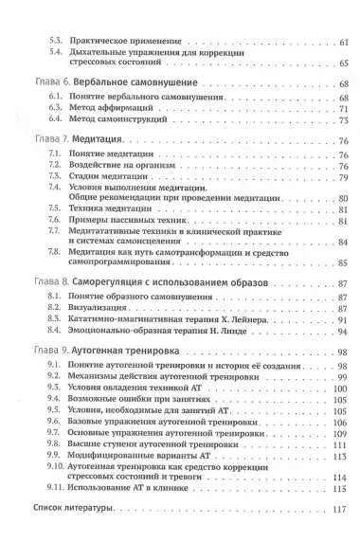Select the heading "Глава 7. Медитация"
point(89,139)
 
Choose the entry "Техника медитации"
point(111,209)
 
